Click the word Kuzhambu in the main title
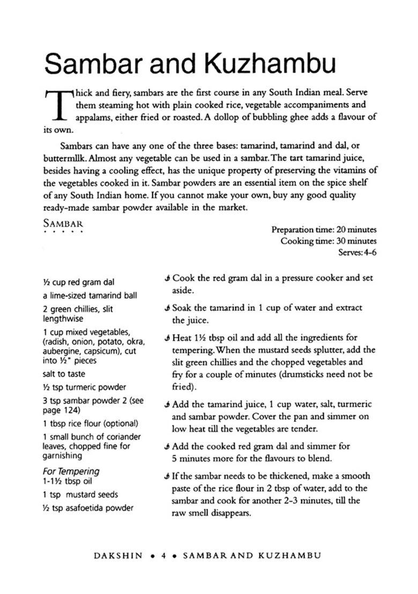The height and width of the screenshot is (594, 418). coord(269,64)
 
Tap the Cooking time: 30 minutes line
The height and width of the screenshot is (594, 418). coord(328,241)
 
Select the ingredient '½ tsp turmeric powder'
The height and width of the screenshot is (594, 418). coord(85,387)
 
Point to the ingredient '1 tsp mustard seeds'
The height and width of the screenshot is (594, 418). coord(80,495)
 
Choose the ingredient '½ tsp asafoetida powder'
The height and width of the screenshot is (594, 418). coord(88,508)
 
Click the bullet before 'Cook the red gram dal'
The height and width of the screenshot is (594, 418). coord(168,279)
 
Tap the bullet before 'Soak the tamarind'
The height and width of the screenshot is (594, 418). coord(168,308)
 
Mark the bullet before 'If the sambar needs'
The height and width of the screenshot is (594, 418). coord(168,476)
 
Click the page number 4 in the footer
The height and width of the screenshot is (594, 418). coord(163,556)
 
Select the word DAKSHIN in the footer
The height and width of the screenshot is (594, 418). coord(118,556)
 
